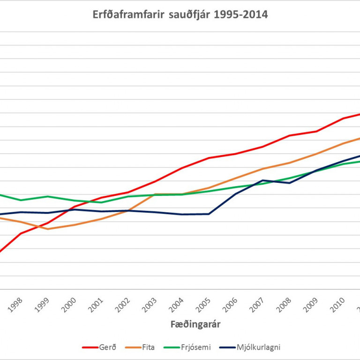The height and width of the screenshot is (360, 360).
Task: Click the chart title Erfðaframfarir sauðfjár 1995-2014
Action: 180,15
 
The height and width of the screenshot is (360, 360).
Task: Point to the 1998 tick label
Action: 16,305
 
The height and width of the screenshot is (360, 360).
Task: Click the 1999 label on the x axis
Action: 43,305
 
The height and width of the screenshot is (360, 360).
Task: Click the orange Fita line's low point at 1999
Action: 48,229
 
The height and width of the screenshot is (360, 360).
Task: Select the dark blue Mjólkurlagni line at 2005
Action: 209,214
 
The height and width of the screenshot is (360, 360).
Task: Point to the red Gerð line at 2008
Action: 290,135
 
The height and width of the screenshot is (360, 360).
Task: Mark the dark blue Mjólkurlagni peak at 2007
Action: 263,180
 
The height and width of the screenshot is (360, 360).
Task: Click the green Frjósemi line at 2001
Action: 102,202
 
